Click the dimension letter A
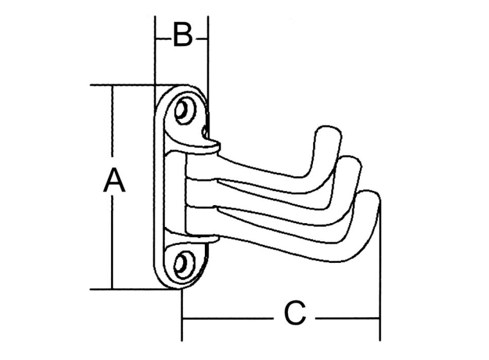point(114,183)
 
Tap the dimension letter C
point(295,314)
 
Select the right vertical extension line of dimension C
point(380,309)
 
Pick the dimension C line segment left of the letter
point(226,318)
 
